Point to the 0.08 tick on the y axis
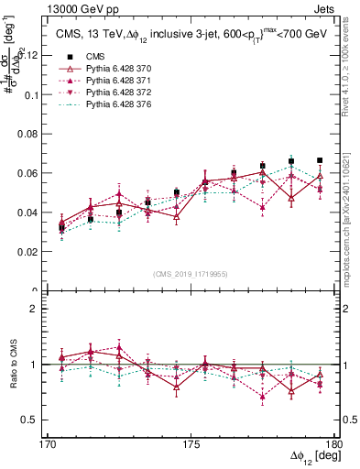tap(32, 134)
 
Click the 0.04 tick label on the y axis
tap(32, 213)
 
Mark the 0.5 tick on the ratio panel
tap(36, 420)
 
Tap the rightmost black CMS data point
tap(320, 160)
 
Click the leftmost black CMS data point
tap(61, 227)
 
